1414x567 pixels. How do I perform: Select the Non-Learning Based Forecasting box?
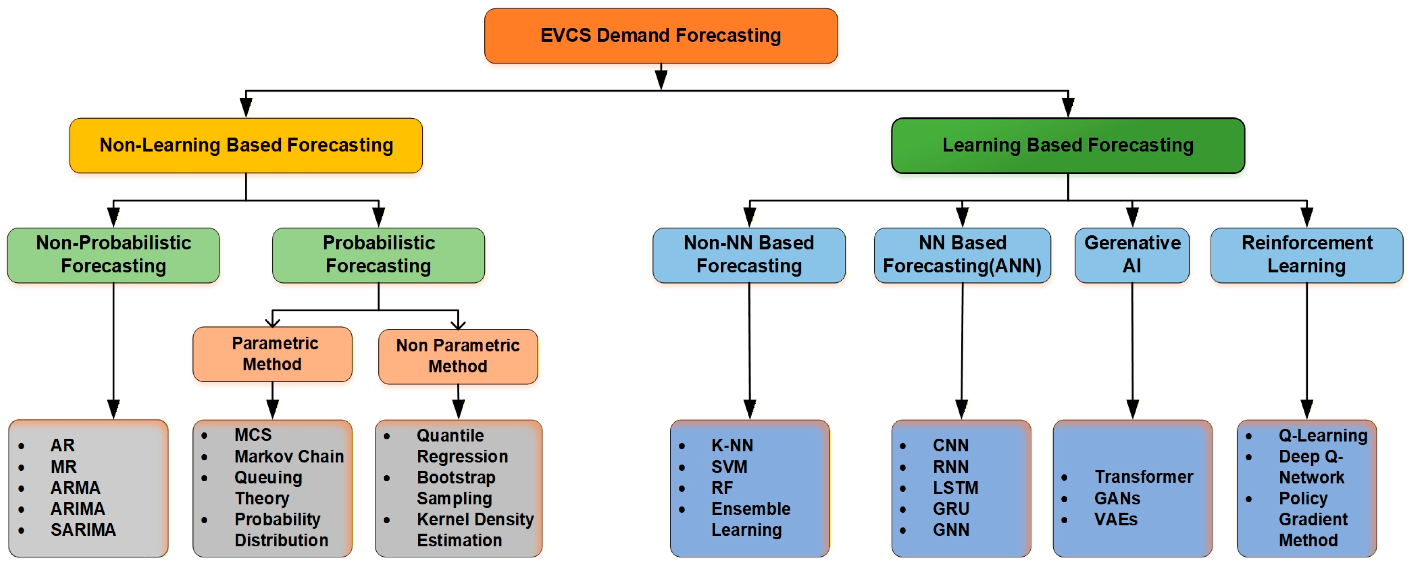point(246,145)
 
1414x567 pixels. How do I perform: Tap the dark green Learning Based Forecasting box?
point(1068,145)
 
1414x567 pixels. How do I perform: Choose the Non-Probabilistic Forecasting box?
point(114,255)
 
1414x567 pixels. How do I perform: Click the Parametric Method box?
point(273,354)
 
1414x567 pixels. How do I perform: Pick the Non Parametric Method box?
point(458,356)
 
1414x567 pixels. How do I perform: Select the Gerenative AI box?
point(1132,255)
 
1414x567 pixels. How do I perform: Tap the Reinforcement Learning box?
point(1306,255)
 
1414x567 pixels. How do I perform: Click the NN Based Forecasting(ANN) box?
point(962,255)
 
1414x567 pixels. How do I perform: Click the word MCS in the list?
point(253,435)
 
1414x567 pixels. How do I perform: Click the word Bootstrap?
point(455,477)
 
